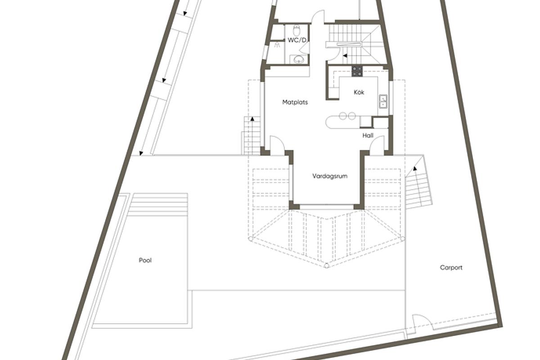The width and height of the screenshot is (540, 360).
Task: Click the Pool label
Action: pos(145,260)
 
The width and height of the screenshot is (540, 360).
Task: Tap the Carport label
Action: pos(451,267)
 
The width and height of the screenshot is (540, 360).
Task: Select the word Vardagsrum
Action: pos(330,176)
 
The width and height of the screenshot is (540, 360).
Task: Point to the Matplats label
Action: pos(295,102)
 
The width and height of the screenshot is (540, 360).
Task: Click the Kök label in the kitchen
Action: pos(359,92)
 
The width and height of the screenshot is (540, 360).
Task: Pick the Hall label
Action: pos(368,135)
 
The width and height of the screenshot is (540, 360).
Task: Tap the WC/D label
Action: pos(297,40)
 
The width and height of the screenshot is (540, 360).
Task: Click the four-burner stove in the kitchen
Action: pos(357,71)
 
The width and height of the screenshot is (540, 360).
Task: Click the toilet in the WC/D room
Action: pos(297,31)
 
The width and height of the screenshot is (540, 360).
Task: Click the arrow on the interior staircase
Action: pos(345,56)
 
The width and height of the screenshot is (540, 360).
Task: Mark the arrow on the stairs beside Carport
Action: pos(415,169)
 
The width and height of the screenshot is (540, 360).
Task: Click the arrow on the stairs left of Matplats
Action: pos(252,119)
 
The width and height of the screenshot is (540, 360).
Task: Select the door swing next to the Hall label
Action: pos(377,145)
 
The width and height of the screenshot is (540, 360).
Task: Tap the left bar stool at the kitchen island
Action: pos(342,116)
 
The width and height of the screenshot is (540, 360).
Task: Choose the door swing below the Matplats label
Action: pos(276,145)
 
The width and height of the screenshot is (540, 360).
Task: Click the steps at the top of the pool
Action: pos(158,203)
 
